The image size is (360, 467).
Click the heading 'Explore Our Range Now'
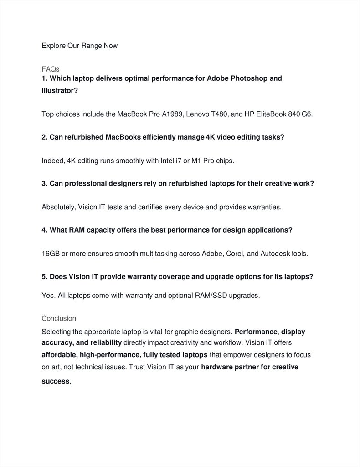point(79,46)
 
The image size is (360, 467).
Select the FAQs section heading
point(50,69)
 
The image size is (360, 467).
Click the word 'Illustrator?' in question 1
point(60,91)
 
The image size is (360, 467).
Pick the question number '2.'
point(45,137)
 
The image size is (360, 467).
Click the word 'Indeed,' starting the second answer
point(53,161)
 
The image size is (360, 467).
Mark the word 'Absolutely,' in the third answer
point(59,207)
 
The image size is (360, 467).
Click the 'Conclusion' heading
point(59,318)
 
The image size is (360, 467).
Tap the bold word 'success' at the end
point(55,381)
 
